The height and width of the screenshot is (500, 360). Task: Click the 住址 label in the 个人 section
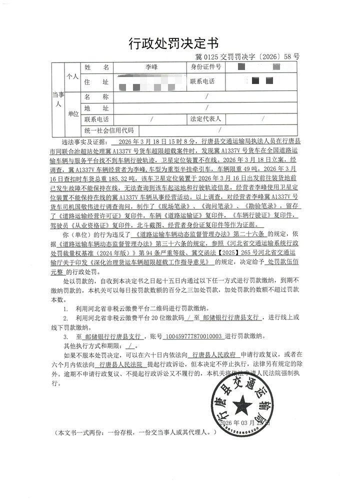(x=96, y=81)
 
